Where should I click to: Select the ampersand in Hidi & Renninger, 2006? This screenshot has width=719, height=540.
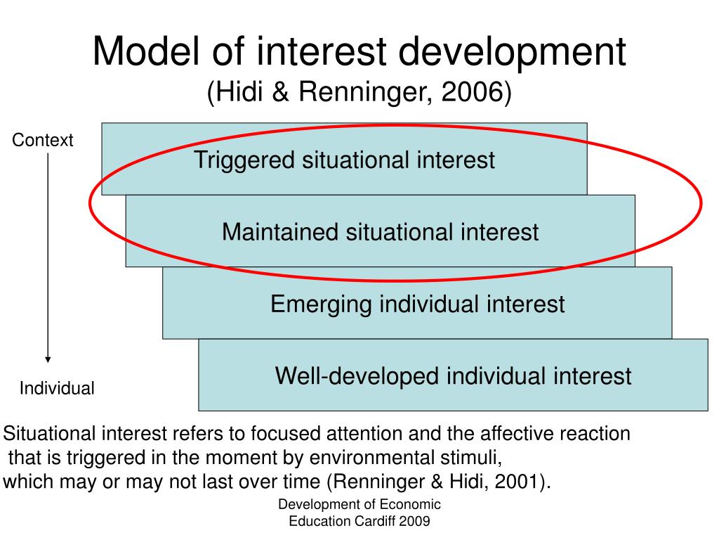[x=280, y=91]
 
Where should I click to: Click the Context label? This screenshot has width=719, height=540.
[x=43, y=140]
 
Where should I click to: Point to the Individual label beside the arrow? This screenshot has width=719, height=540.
[x=57, y=388]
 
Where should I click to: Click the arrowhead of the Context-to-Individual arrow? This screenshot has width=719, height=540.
[x=48, y=360]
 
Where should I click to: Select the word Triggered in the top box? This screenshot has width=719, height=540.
[x=244, y=161]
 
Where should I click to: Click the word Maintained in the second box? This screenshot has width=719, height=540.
[x=280, y=232]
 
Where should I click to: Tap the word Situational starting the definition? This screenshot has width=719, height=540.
[x=50, y=433]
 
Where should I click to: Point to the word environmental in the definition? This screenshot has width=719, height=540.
[x=372, y=457]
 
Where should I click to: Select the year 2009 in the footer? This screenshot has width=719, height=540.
[x=414, y=521]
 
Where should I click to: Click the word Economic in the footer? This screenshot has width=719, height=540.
[x=410, y=504]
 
